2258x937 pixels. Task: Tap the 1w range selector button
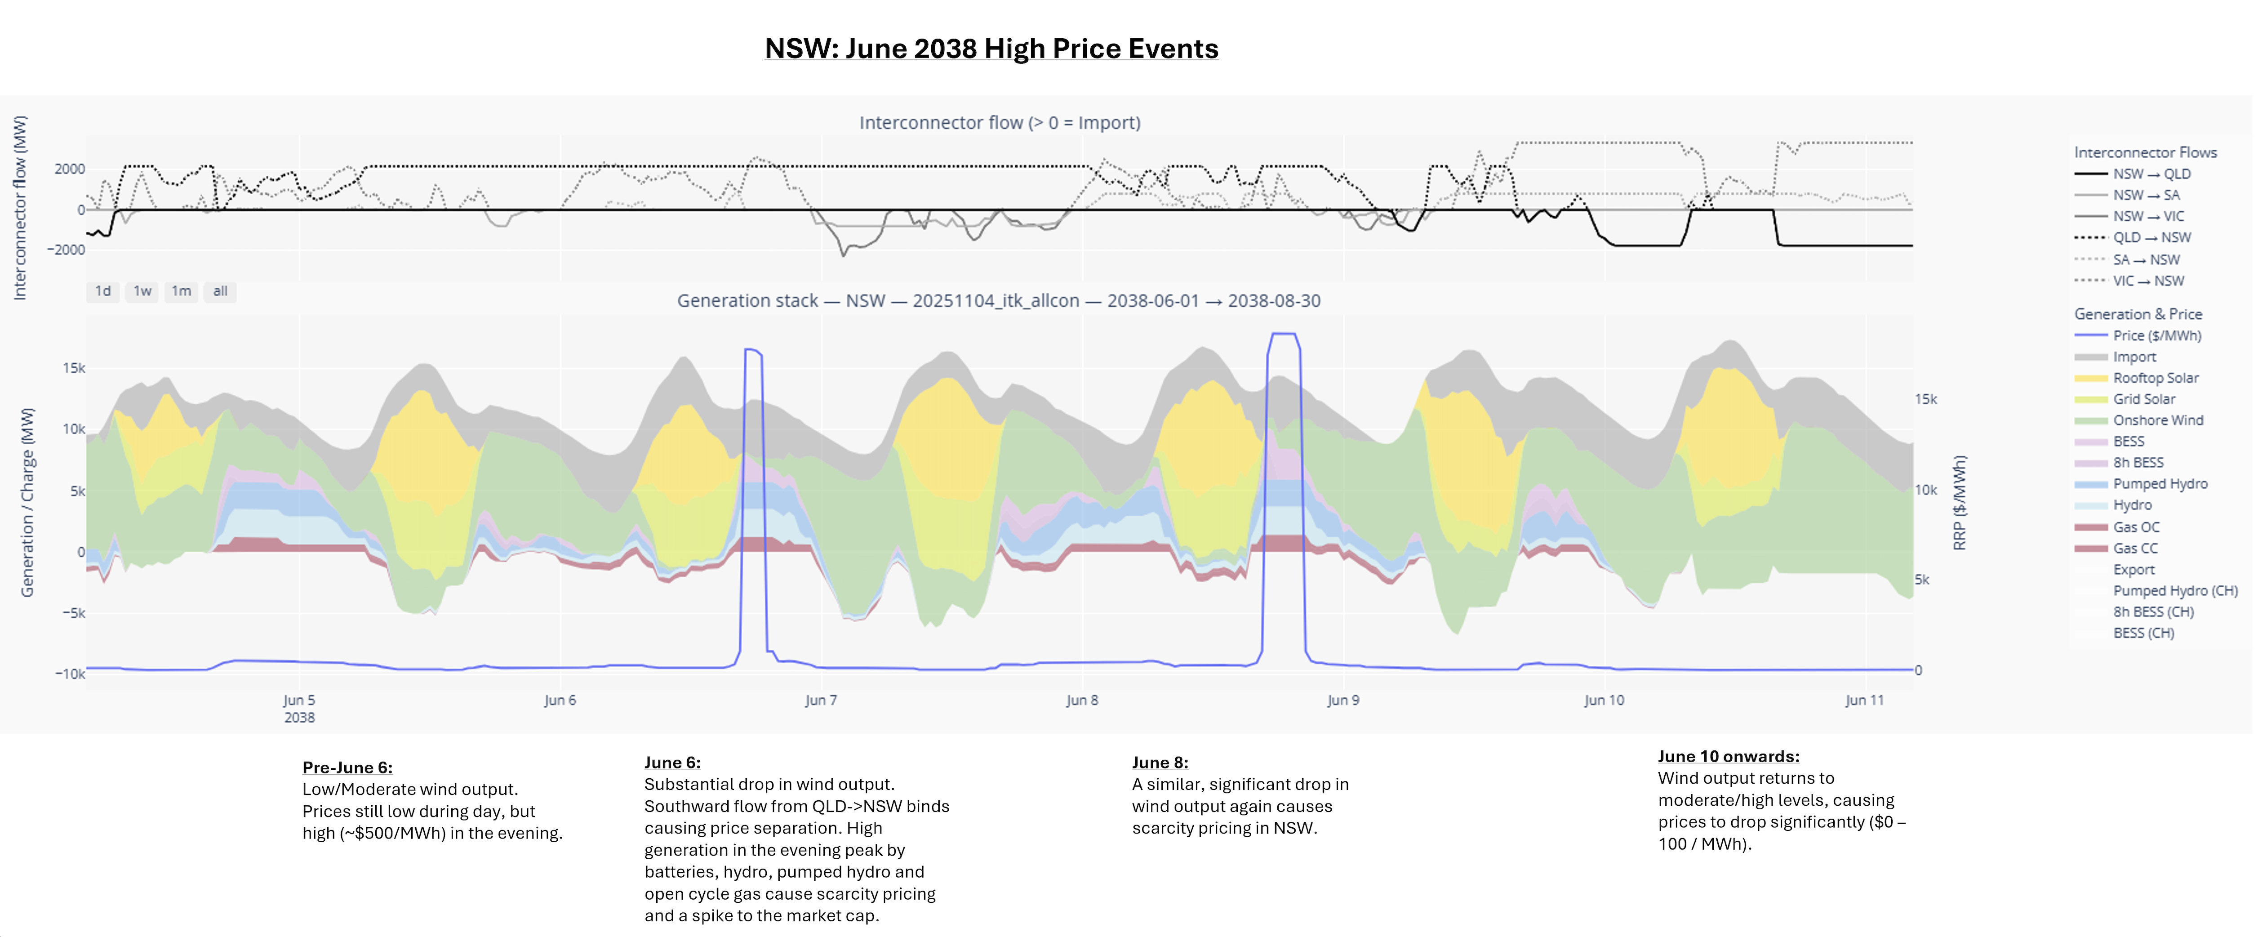(x=142, y=291)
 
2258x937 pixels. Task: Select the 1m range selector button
(x=181, y=291)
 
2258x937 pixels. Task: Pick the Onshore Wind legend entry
(x=2157, y=420)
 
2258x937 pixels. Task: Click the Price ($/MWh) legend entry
(x=2156, y=336)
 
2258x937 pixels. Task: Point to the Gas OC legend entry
(x=2136, y=527)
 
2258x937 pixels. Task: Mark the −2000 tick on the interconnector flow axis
(x=66, y=250)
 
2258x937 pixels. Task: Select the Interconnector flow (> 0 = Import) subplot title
(x=999, y=123)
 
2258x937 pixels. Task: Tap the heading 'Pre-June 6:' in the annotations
(x=347, y=767)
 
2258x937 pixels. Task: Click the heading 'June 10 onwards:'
(x=1728, y=756)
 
